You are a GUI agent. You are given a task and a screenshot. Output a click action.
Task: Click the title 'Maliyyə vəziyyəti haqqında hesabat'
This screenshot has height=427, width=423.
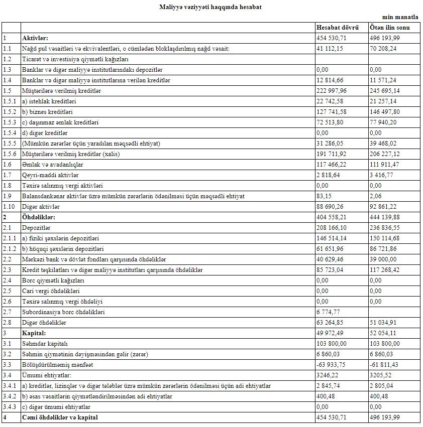[x=211, y=7]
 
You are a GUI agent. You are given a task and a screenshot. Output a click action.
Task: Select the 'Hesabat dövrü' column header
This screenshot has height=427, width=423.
[x=338, y=27]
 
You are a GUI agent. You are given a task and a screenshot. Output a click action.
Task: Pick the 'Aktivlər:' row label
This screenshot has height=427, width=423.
[x=36, y=38]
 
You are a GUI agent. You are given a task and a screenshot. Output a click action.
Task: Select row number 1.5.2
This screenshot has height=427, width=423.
[x=10, y=112]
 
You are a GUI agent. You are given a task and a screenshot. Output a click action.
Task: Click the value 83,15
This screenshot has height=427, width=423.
[x=324, y=196]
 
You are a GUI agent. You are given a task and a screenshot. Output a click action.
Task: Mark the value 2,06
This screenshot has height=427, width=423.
[x=375, y=196]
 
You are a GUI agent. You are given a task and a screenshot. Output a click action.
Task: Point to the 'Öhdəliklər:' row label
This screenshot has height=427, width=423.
[x=39, y=217]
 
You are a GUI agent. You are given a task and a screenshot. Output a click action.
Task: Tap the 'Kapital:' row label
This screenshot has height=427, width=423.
[x=34, y=333]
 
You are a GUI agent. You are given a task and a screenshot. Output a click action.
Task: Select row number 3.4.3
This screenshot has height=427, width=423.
[x=10, y=407]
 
